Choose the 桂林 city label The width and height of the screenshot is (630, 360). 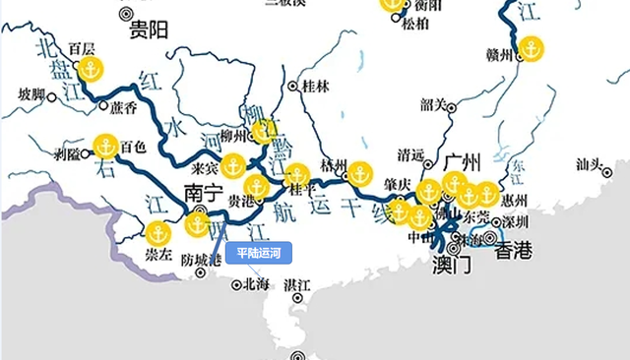click(316, 87)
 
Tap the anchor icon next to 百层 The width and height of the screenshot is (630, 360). click(91, 70)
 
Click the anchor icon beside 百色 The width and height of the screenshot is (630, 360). click(105, 147)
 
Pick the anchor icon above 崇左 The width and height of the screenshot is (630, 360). click(157, 233)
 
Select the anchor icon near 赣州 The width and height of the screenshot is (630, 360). click(531, 47)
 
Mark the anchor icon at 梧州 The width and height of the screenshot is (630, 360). click(359, 172)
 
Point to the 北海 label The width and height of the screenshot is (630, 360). click(255, 284)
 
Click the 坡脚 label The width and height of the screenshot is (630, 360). click(31, 94)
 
